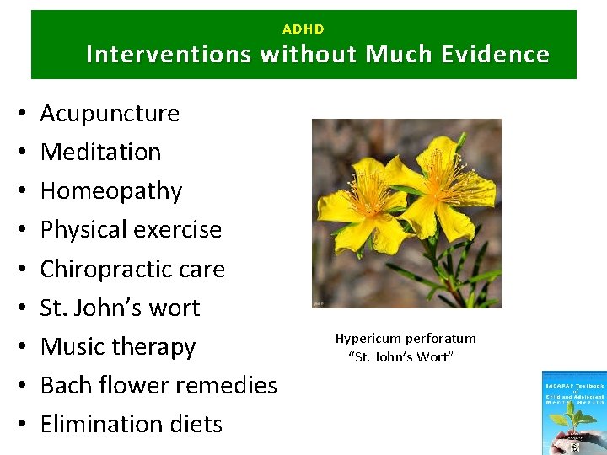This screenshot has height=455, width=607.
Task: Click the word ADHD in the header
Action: [x=303, y=29]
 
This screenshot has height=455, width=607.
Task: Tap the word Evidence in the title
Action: [x=501, y=55]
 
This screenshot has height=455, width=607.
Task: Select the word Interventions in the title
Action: [x=169, y=55]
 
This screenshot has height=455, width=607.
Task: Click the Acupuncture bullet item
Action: [x=110, y=113]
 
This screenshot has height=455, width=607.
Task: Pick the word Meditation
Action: [x=100, y=152]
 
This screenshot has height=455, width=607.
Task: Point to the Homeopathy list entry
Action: [x=110, y=191]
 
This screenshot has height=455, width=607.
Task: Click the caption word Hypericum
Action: [x=368, y=339]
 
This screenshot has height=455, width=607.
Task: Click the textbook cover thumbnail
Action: [x=574, y=412]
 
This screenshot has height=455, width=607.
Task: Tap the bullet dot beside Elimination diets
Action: [x=19, y=424]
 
